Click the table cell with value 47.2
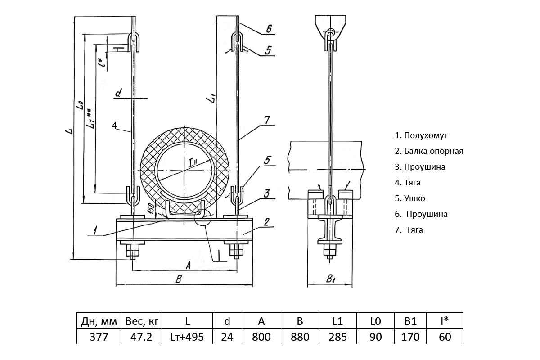point(140,337)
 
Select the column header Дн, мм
point(99,321)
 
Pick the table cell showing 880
point(300,337)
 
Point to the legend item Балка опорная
point(429,151)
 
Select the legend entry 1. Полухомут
point(421,135)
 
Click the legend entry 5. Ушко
point(409,198)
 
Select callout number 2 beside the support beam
point(266,221)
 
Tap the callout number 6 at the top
point(268,29)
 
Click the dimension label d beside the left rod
point(118,93)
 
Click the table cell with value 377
point(99,337)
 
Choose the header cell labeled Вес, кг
point(140,321)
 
